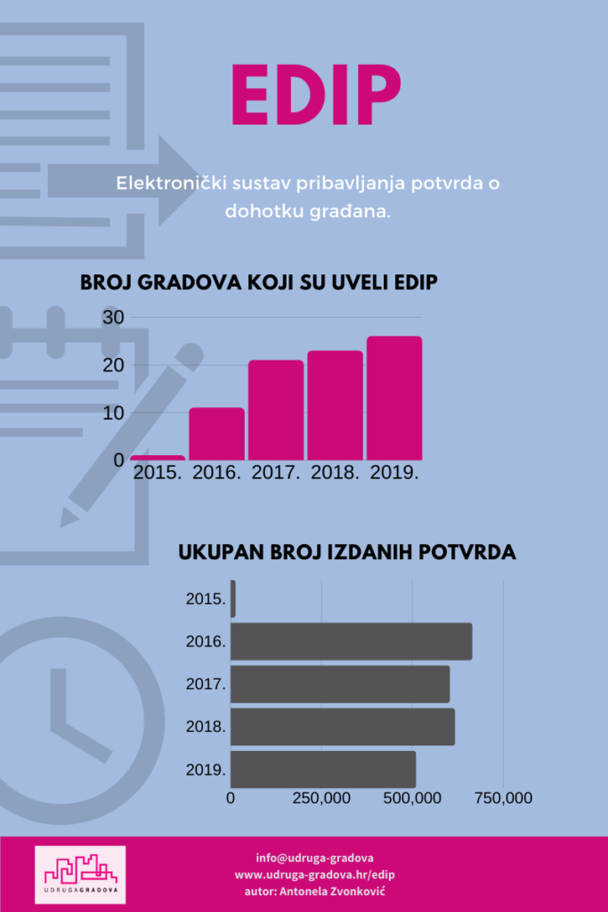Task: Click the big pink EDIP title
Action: (316, 94)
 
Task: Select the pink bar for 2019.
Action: (394, 397)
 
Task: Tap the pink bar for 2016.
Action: (216, 433)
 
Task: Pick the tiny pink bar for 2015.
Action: (158, 458)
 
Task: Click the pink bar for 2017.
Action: (276, 410)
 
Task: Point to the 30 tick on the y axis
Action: (113, 317)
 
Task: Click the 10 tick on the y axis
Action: (113, 413)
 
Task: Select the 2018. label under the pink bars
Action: (335, 473)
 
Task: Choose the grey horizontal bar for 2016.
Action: (351, 641)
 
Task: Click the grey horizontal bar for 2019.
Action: (322, 769)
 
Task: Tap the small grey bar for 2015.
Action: (233, 599)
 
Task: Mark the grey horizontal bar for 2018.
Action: (342, 727)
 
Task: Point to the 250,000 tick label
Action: (321, 799)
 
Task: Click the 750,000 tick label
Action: (503, 799)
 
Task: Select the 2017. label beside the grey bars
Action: (206, 685)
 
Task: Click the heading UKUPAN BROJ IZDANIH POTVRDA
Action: (347, 552)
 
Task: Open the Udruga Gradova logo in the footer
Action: (80, 875)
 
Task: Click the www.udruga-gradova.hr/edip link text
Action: (314, 875)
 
